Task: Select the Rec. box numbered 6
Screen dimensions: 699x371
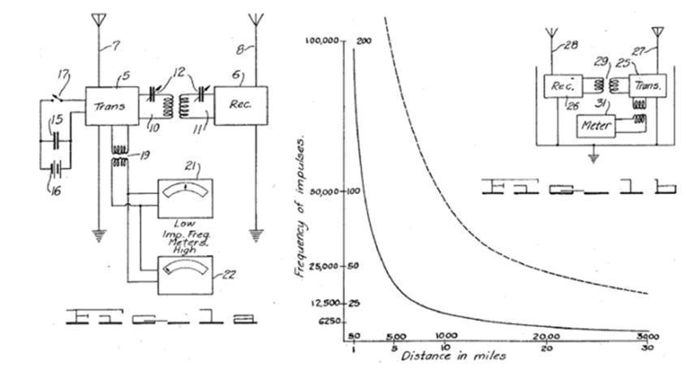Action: coord(234,106)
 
